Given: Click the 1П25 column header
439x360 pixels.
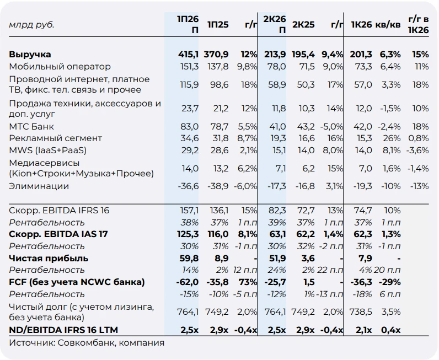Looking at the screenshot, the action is pos(218,25).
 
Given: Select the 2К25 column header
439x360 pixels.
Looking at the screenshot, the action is pos(303,25).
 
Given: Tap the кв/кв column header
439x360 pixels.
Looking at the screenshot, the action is pos(388,25).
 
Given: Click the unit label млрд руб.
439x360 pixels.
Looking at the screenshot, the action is pos(31,25).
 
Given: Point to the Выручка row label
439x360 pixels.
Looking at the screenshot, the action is pos(30,55).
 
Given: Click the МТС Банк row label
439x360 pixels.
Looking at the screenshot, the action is pos(31,127).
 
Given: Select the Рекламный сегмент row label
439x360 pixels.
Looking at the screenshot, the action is pos(56,138).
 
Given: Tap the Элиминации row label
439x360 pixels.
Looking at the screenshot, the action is pos(39,186).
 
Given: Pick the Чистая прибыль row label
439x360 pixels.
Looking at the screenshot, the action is pos(49,259).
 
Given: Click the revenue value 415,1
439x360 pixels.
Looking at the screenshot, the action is pos(189,55).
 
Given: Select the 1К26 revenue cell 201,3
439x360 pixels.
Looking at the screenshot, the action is pos(361,55).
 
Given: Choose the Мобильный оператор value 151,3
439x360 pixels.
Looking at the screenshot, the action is pos(189,67).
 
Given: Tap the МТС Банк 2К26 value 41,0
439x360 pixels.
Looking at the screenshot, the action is pos(277,127).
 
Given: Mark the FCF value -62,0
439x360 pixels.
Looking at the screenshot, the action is pos(188,282).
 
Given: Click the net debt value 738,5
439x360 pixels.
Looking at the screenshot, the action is pos(361,312).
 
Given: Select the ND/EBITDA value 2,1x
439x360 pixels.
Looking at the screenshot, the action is pos(363,330).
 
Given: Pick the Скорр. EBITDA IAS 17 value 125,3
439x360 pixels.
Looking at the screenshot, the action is pos(188,234).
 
